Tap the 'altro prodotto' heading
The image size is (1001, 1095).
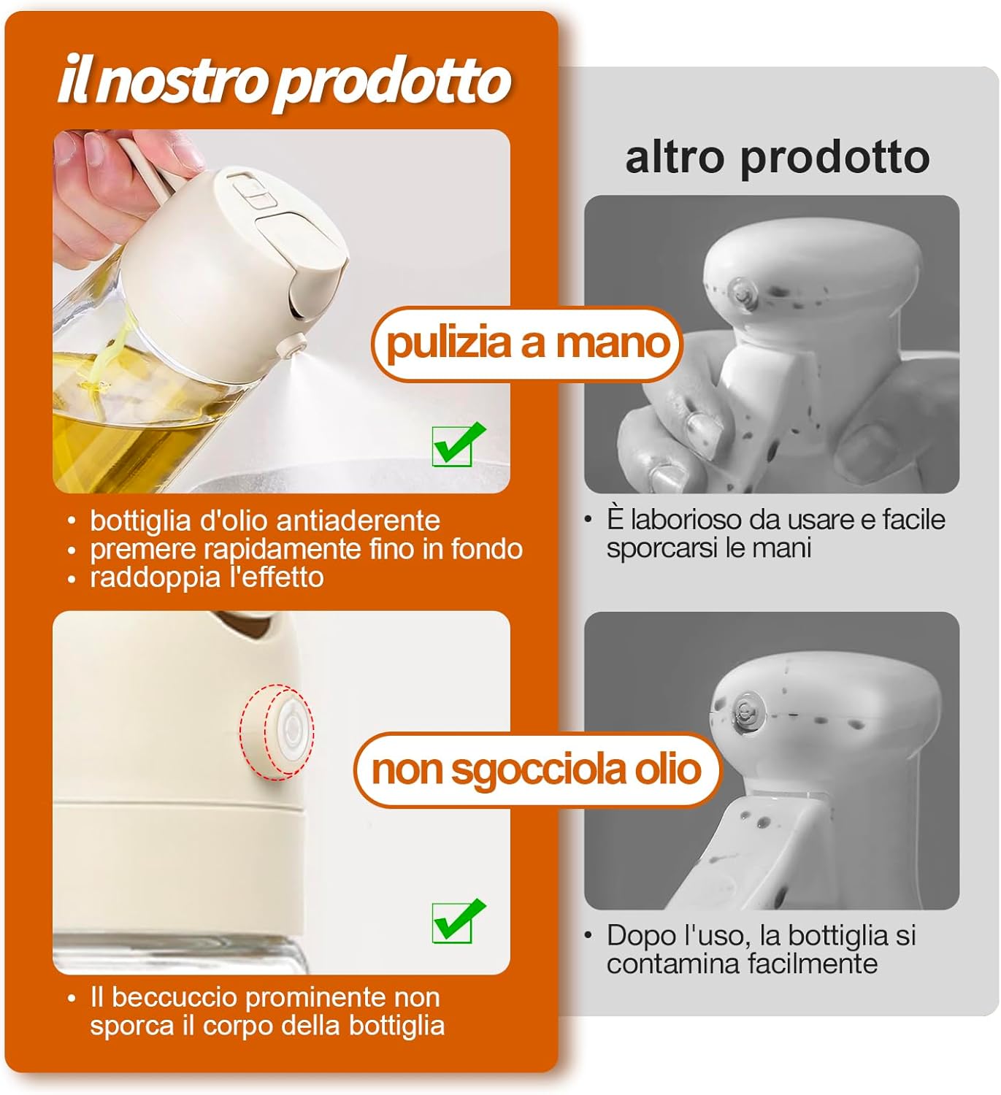coord(777,157)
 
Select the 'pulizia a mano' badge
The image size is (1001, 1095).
coord(527,343)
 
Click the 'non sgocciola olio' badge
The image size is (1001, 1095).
coord(537,769)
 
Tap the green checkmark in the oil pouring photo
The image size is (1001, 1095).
coord(458,443)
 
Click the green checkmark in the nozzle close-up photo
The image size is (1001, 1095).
coord(458,921)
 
